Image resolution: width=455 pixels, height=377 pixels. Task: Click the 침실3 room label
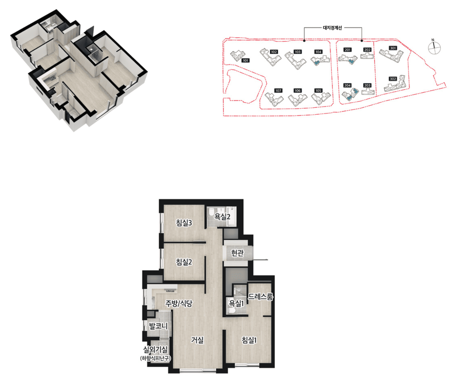coord(184,222)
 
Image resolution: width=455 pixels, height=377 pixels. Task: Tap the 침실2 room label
coord(184,262)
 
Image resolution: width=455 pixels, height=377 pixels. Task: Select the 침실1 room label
coord(249,340)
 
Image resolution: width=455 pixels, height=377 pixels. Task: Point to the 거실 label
coord(197,340)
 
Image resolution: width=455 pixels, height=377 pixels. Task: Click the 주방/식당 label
coord(179,303)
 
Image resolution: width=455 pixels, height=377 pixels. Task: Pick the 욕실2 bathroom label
coord(222,216)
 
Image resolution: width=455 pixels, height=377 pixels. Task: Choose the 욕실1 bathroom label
coord(236,303)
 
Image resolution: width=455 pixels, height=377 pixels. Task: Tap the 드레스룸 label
coord(260,296)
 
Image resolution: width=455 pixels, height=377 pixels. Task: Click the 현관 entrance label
coord(237,253)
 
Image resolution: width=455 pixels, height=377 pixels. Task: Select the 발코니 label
coord(158,326)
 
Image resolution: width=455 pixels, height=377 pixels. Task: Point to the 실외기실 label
coord(155,350)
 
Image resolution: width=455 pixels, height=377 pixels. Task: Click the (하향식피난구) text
coord(155,358)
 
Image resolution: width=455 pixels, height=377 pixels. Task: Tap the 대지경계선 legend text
coord(332,28)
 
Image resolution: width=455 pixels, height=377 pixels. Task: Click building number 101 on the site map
coord(246,60)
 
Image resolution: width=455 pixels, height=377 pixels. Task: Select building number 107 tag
coord(278,90)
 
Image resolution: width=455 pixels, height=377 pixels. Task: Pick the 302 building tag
coord(393,79)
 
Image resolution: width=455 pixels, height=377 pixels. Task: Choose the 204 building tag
coord(347,85)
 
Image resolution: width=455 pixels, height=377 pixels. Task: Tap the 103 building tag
coord(298,52)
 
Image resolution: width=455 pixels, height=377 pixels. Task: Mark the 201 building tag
coord(348,50)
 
